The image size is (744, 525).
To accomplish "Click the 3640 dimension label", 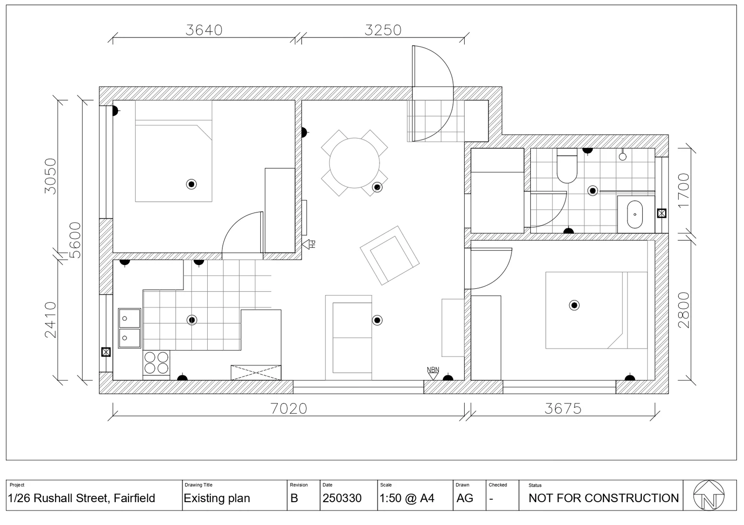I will point(204,30).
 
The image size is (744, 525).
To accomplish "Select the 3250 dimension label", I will point(383,30).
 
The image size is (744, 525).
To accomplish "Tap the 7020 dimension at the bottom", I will point(289,408).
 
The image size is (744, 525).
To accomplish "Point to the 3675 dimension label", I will point(563,408).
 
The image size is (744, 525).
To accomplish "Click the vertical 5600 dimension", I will point(75,240).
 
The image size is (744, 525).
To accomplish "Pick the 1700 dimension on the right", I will point(684,190).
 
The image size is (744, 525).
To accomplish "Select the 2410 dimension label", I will point(51,319).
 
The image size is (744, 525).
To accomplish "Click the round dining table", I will point(354,163).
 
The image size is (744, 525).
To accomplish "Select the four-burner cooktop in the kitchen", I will point(156,363).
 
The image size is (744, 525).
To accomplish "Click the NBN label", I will point(433,370).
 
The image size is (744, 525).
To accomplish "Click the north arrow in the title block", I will point(708,495).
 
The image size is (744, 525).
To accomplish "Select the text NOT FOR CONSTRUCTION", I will point(603,498).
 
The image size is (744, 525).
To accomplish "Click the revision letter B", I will point(294,498).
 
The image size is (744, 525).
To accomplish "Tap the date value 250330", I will point(342,498).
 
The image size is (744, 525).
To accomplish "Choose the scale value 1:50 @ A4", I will point(407,498).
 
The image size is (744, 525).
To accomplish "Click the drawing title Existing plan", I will point(217,498).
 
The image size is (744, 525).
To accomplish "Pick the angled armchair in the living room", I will point(389,255).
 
